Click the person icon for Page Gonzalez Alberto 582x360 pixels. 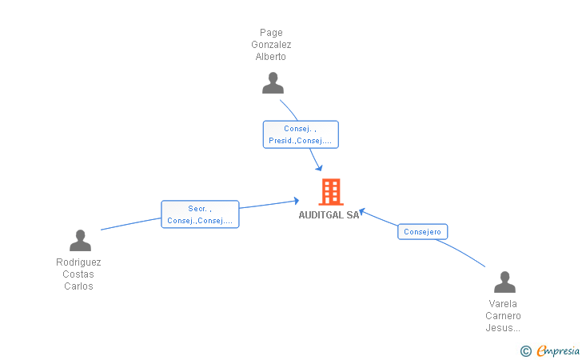[x=273, y=83]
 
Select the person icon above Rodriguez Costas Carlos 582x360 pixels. [x=80, y=240]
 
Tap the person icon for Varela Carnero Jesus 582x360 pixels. [x=504, y=282]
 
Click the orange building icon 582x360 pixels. [x=331, y=192]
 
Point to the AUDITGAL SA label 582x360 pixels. [x=329, y=215]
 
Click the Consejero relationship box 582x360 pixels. [x=422, y=232]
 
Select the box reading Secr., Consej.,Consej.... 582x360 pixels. [x=200, y=214]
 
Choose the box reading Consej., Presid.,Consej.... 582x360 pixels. [x=301, y=134]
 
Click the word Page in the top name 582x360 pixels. [x=271, y=33]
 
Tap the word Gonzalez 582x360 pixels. [x=271, y=45]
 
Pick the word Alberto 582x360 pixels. [x=270, y=57]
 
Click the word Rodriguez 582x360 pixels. [x=78, y=262]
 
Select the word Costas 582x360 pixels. [x=78, y=274]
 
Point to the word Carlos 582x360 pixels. [x=78, y=286]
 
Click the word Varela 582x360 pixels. [x=503, y=304]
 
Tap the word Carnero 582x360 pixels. [x=504, y=316]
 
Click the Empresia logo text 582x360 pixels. [x=558, y=351]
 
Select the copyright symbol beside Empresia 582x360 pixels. [x=526, y=351]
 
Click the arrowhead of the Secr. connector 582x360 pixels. [x=297, y=201]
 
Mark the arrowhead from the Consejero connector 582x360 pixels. [x=362, y=212]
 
